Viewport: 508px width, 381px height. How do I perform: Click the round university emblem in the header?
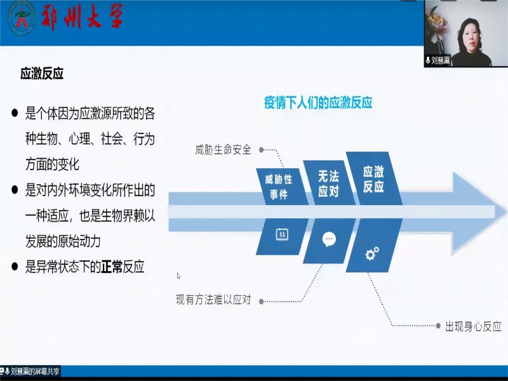(21, 18)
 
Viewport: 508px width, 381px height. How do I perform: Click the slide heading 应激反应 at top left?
(42, 74)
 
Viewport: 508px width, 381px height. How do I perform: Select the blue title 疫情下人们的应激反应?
(318, 102)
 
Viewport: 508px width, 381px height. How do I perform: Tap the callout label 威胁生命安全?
(223, 150)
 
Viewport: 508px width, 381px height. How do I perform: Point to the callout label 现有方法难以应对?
(213, 300)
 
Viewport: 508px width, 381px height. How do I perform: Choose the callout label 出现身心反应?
(473, 326)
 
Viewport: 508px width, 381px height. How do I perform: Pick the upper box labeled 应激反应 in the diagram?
(374, 178)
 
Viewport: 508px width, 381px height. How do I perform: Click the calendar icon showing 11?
(282, 234)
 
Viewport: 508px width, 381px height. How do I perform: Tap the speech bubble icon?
(329, 240)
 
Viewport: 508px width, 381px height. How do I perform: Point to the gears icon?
(372, 253)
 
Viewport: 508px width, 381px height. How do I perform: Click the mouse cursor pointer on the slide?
(178, 276)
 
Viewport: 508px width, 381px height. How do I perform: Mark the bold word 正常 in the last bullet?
(112, 267)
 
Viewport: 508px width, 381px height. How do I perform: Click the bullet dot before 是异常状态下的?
(15, 267)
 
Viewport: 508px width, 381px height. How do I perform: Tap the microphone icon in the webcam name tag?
(428, 60)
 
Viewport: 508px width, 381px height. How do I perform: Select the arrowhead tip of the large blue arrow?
(505, 213)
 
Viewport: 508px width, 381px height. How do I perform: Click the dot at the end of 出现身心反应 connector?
(438, 326)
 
